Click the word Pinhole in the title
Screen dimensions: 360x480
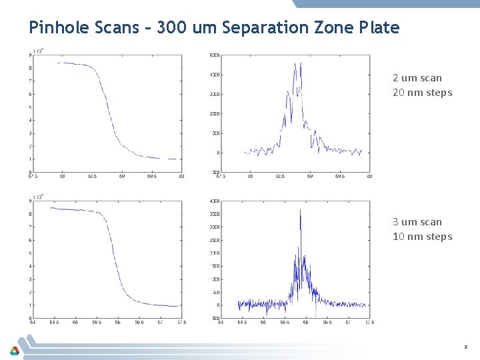(55, 27)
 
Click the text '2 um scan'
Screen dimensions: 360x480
(417, 78)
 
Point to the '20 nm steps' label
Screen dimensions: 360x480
(422, 93)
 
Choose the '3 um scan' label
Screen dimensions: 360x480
(417, 222)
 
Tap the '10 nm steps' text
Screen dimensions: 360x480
(422, 237)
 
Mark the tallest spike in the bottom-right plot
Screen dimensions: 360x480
(301, 211)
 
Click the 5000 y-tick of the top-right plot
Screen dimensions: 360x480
(215, 55)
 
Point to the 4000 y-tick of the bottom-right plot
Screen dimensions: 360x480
(215, 201)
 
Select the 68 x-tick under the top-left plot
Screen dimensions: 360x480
(62, 177)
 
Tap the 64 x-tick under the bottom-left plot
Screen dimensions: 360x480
(33, 322)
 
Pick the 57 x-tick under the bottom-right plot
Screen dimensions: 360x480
(348, 322)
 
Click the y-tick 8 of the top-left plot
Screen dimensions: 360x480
(29, 68)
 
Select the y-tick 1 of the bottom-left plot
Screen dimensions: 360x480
(29, 305)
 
